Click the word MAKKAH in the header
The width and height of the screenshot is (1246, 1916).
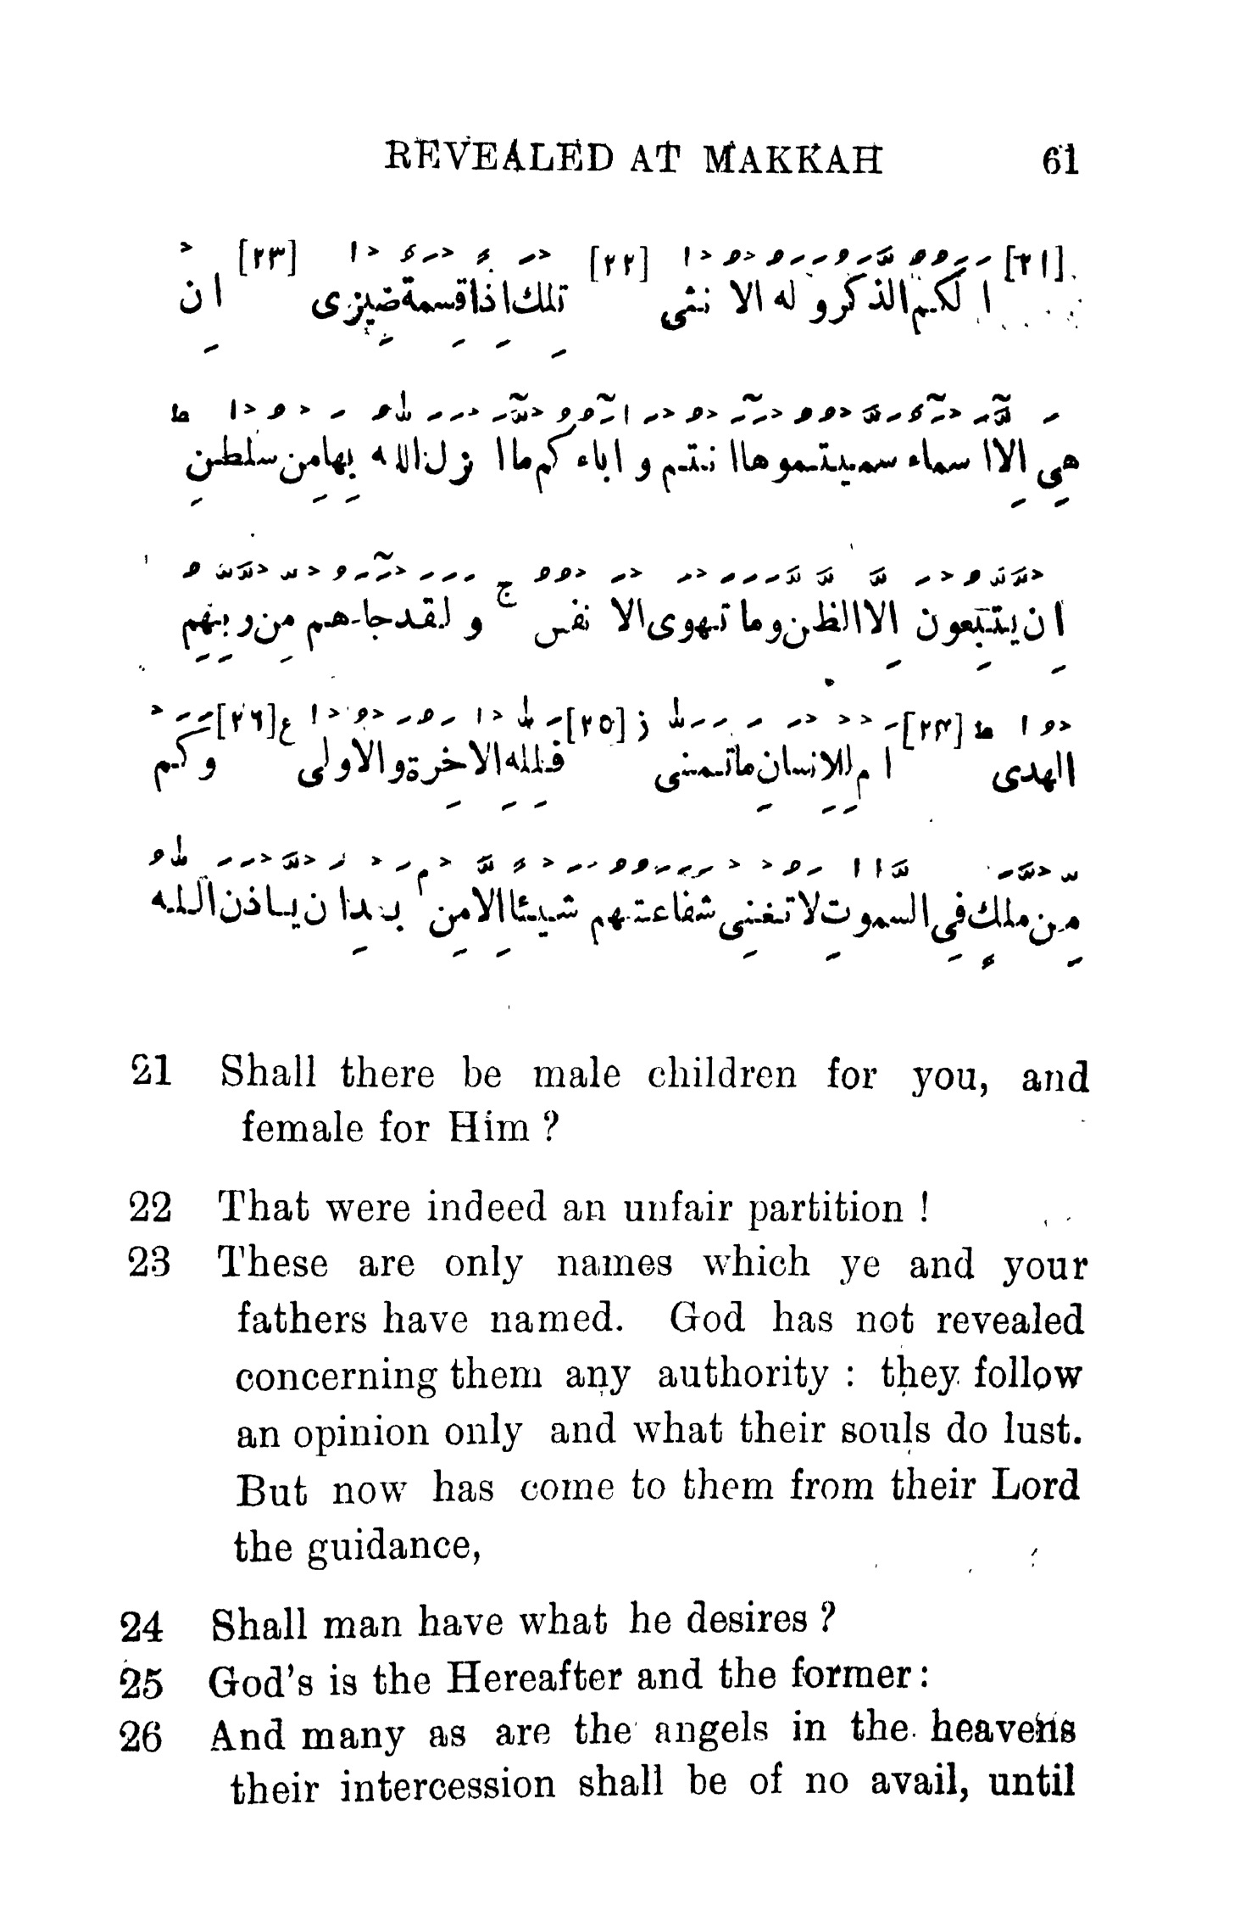point(793,159)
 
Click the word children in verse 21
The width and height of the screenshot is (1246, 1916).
point(721,1075)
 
